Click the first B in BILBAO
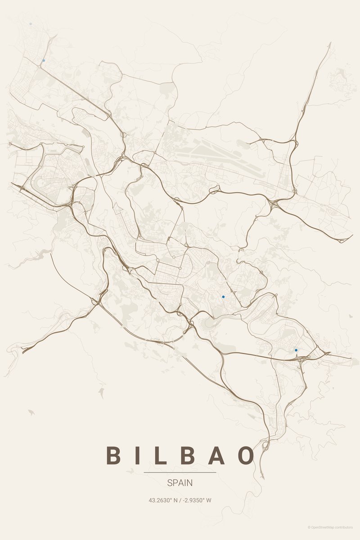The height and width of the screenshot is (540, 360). coord(113,455)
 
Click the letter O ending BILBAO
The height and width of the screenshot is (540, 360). coord(246,455)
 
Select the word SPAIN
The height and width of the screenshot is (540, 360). coord(180,483)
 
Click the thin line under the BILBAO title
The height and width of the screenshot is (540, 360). coord(180,472)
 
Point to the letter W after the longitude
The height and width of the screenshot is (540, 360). coord(209,500)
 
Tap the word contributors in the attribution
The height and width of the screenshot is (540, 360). coord(345,527)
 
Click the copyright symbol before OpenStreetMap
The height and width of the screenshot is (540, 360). coord(309,527)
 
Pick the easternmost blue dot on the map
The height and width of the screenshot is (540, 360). coord(296,350)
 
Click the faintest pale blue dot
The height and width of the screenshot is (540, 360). coord(31,24)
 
